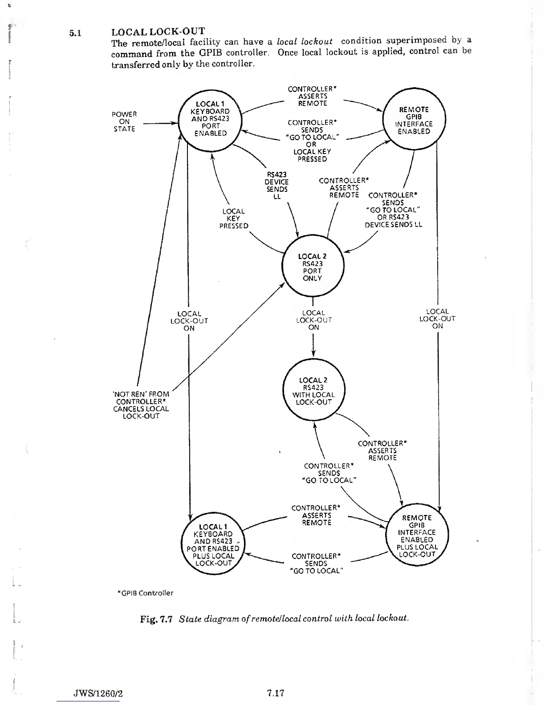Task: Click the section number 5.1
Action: click(74, 33)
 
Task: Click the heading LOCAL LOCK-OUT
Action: click(158, 32)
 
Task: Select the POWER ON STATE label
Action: click(124, 122)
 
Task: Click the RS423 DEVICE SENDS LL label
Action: click(277, 185)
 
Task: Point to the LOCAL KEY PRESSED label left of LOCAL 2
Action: click(233, 219)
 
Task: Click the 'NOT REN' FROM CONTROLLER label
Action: click(141, 405)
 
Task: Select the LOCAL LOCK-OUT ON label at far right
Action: click(437, 319)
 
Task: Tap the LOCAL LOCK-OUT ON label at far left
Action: click(189, 321)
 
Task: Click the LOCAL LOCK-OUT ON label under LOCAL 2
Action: click(314, 320)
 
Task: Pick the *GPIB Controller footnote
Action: click(145, 593)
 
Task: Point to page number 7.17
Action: click(276, 693)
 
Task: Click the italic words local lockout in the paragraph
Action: click(305, 41)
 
